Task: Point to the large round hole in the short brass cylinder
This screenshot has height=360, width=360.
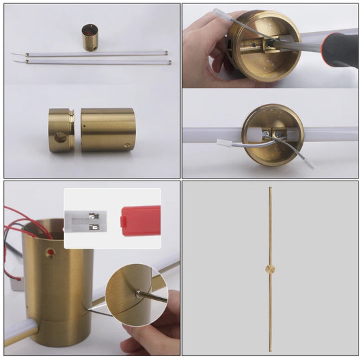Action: (59, 137)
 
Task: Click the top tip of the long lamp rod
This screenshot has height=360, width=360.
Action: (270, 189)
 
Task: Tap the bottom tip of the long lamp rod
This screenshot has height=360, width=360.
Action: (270, 351)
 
